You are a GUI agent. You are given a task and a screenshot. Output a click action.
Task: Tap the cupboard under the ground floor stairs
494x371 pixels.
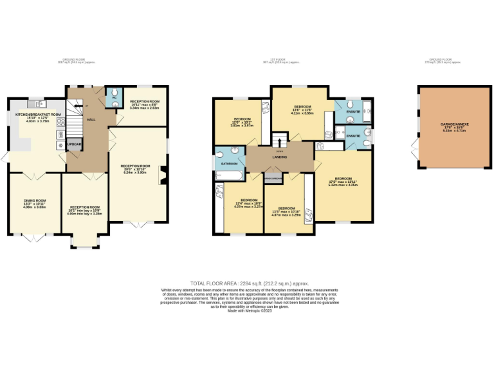74,144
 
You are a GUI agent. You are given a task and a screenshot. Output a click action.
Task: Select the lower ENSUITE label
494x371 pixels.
352,136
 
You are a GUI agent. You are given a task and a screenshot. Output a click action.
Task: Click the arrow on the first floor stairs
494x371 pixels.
280,140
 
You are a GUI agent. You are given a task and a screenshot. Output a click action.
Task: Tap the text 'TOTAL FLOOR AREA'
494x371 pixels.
213,283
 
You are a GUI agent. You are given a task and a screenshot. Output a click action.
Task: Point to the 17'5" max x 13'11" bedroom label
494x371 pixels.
343,182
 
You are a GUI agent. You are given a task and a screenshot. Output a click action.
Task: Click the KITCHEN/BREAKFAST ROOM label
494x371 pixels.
38,115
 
